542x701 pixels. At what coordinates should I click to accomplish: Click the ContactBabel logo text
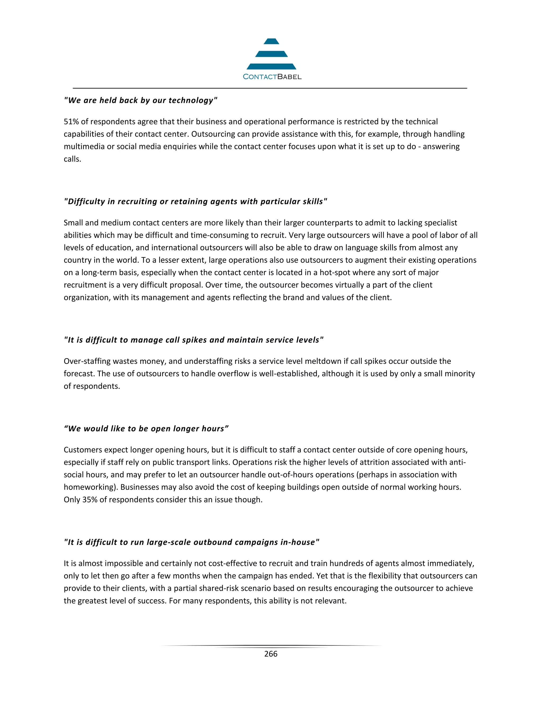click(272, 77)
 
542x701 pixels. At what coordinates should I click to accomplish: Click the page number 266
click(271, 654)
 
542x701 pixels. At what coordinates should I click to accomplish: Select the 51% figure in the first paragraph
click(71, 122)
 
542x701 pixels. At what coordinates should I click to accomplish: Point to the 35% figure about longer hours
click(90, 499)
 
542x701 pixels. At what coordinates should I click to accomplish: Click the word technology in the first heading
click(191, 101)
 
